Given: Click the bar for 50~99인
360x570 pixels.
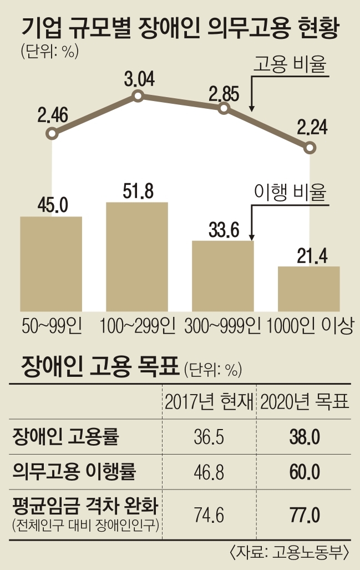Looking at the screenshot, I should tap(51, 264).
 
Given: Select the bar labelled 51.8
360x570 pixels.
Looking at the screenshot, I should tap(137, 256).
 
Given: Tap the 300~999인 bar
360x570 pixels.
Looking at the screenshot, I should tap(222, 276).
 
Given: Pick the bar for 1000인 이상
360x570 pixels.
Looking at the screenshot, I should tap(308, 289).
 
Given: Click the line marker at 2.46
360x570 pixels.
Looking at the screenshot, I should tap(52, 134).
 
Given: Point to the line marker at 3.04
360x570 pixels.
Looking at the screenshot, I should tap(138, 97).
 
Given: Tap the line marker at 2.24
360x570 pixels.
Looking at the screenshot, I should tap(310, 148).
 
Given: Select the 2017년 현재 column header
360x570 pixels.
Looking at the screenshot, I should tap(209, 403).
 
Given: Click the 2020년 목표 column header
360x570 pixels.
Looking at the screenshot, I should tap(305, 403).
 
